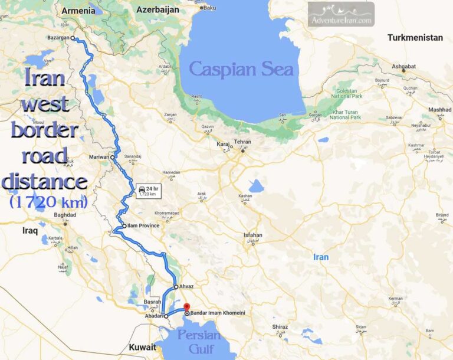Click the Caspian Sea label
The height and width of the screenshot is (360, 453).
click(241, 69)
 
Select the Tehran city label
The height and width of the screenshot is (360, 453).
click(243, 142)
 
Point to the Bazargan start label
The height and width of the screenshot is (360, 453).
click(58, 38)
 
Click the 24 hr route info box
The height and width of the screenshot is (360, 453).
click(147, 191)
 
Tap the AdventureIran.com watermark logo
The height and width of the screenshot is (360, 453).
click(341, 14)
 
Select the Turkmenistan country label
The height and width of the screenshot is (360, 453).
click(415, 38)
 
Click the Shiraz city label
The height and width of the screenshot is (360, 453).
click(280, 326)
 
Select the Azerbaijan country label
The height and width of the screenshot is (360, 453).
click(157, 10)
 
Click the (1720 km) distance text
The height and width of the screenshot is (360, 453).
click(48, 202)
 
